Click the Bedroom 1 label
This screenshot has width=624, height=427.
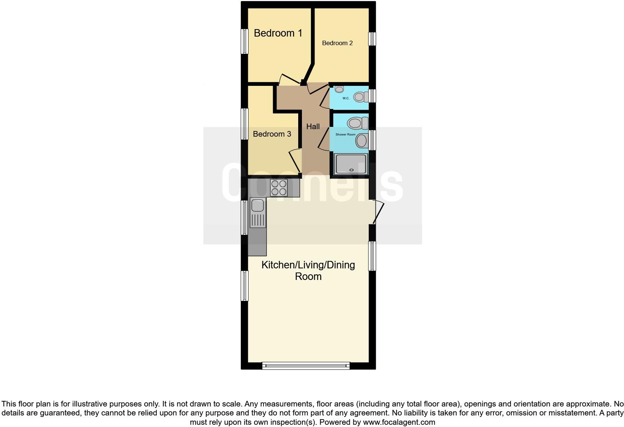[278, 33]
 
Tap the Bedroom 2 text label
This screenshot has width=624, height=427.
[337, 43]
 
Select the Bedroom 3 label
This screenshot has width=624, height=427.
[272, 134]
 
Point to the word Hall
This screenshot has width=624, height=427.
[313, 127]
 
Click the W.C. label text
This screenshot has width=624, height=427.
[346, 98]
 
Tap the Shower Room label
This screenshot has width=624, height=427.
[345, 134]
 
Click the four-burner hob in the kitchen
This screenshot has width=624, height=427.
[279, 188]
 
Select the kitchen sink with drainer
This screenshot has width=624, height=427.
[258, 213]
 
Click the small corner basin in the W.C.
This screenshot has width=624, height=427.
[339, 89]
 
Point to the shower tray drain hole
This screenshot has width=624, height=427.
[351, 170]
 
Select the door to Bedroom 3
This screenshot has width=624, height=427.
[296, 160]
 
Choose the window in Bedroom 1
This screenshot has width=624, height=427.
[244, 41]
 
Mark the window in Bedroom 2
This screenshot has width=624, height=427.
[372, 39]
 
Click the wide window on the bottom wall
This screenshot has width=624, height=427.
[306, 365]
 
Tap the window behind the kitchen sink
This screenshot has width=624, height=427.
[244, 218]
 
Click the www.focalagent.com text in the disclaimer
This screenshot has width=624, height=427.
[399, 422]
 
